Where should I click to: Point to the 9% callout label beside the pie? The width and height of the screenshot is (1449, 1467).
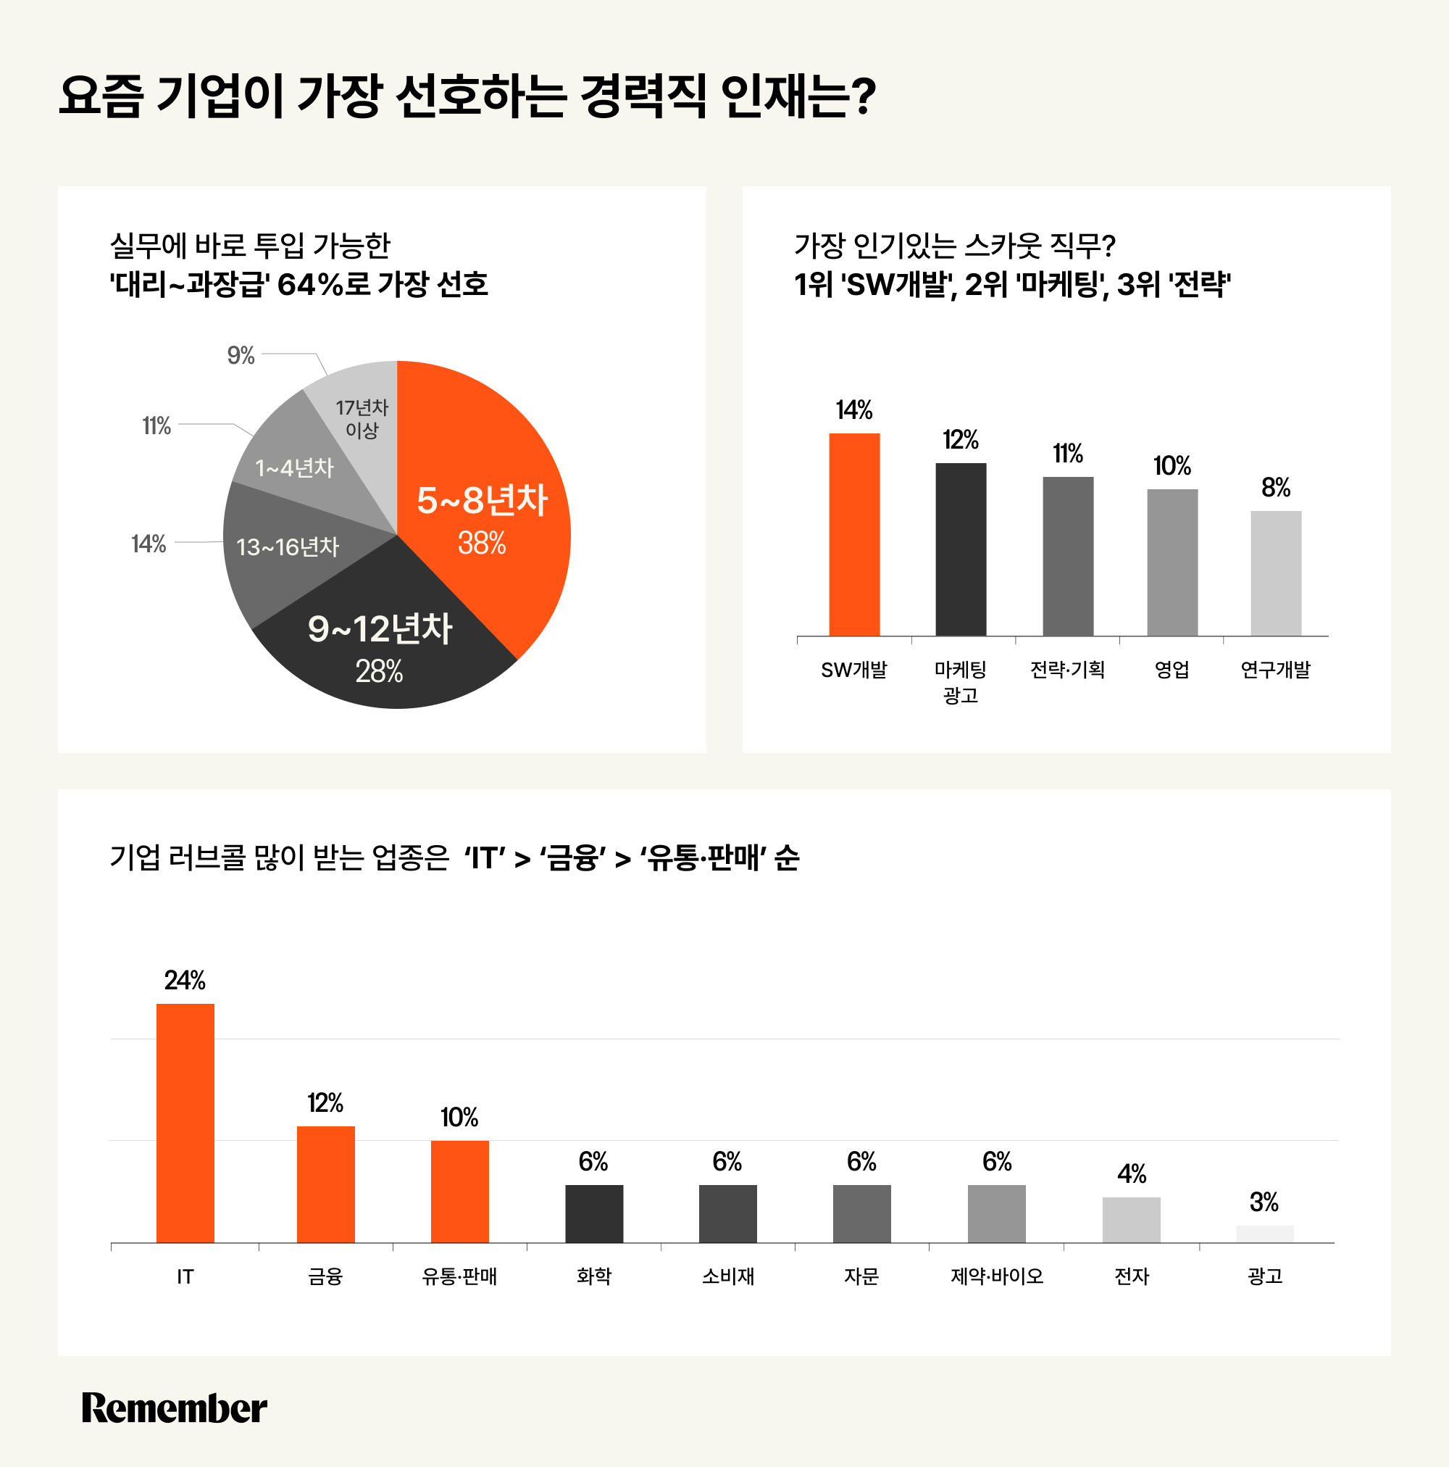pos(241,355)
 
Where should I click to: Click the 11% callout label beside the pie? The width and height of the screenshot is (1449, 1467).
pos(156,426)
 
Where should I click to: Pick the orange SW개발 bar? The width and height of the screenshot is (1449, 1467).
pos(854,535)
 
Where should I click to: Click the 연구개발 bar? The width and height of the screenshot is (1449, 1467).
pos(1275,573)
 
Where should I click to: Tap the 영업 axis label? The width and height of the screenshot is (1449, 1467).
pos(1172,670)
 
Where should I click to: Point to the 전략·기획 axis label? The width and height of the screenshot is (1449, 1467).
pos(1066,670)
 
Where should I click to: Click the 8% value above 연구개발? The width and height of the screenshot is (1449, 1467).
pos(1275,488)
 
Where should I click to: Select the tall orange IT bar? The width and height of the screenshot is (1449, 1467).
pos(185,1123)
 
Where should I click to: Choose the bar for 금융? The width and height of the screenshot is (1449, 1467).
pos(325,1184)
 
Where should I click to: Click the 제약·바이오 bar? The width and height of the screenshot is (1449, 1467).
pos(996,1213)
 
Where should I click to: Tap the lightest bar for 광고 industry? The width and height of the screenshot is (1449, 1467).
pos(1264,1234)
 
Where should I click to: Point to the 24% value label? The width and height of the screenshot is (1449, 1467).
pos(185,980)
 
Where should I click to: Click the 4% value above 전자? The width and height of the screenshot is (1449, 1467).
pos(1131,1175)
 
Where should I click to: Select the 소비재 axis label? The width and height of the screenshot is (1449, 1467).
pos(727,1276)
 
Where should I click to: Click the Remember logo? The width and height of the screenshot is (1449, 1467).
pos(174,1408)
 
